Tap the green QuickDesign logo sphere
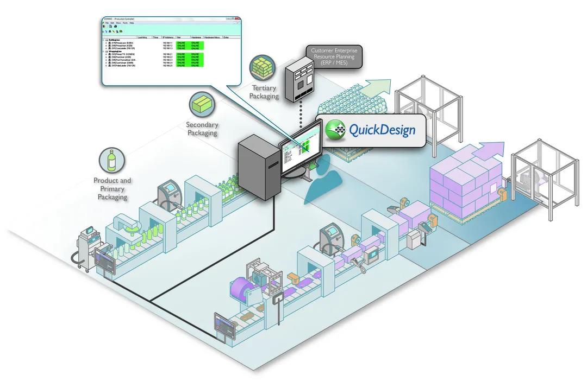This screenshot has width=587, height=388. (335, 130)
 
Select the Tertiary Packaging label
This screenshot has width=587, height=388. (264, 92)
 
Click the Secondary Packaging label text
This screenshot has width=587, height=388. (202, 129)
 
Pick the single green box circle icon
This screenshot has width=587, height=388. (202, 104)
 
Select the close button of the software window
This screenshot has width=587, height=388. (237, 19)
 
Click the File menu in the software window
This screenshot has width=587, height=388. (107, 23)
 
